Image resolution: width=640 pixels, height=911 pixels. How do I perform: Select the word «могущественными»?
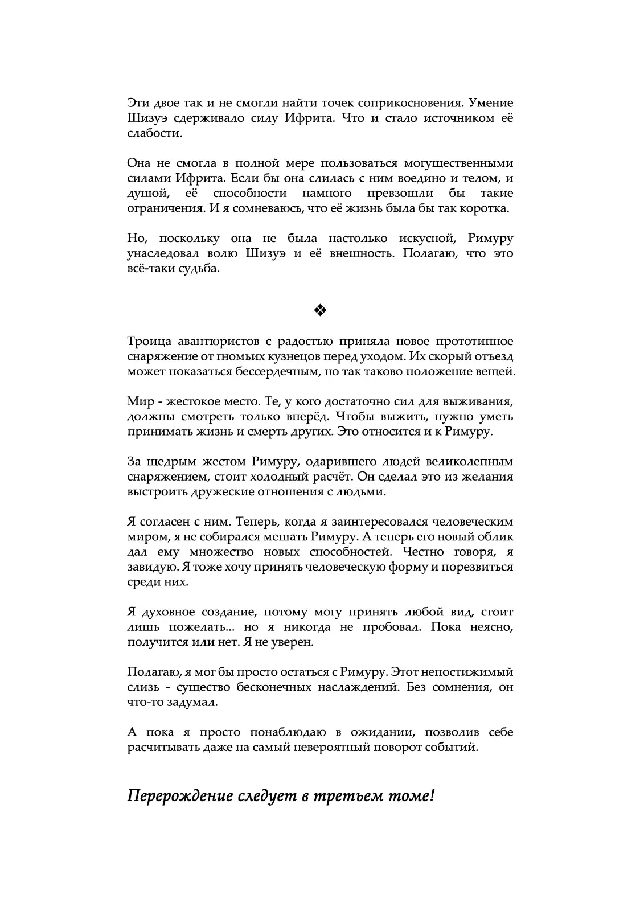460,163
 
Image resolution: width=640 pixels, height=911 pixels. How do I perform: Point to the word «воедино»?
403,178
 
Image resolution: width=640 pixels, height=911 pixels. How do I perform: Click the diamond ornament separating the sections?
319,310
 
